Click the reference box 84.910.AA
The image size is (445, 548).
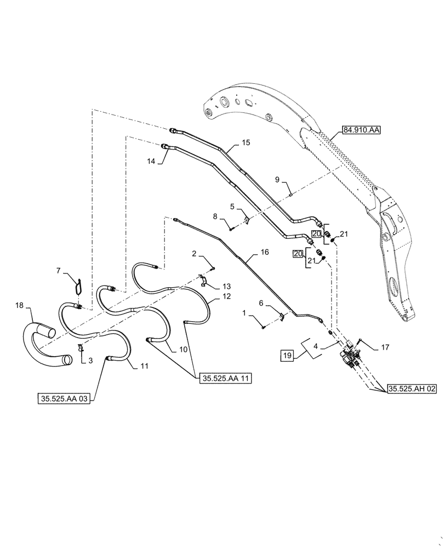coord(362,130)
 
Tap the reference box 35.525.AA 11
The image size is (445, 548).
coord(221,379)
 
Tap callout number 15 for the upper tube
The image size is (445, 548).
coord(246,143)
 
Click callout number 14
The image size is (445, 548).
coord(151,161)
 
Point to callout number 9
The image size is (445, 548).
coord(277,180)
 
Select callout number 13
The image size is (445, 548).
coord(227,287)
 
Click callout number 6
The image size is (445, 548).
coord(261,303)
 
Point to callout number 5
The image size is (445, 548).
coord(232,207)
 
